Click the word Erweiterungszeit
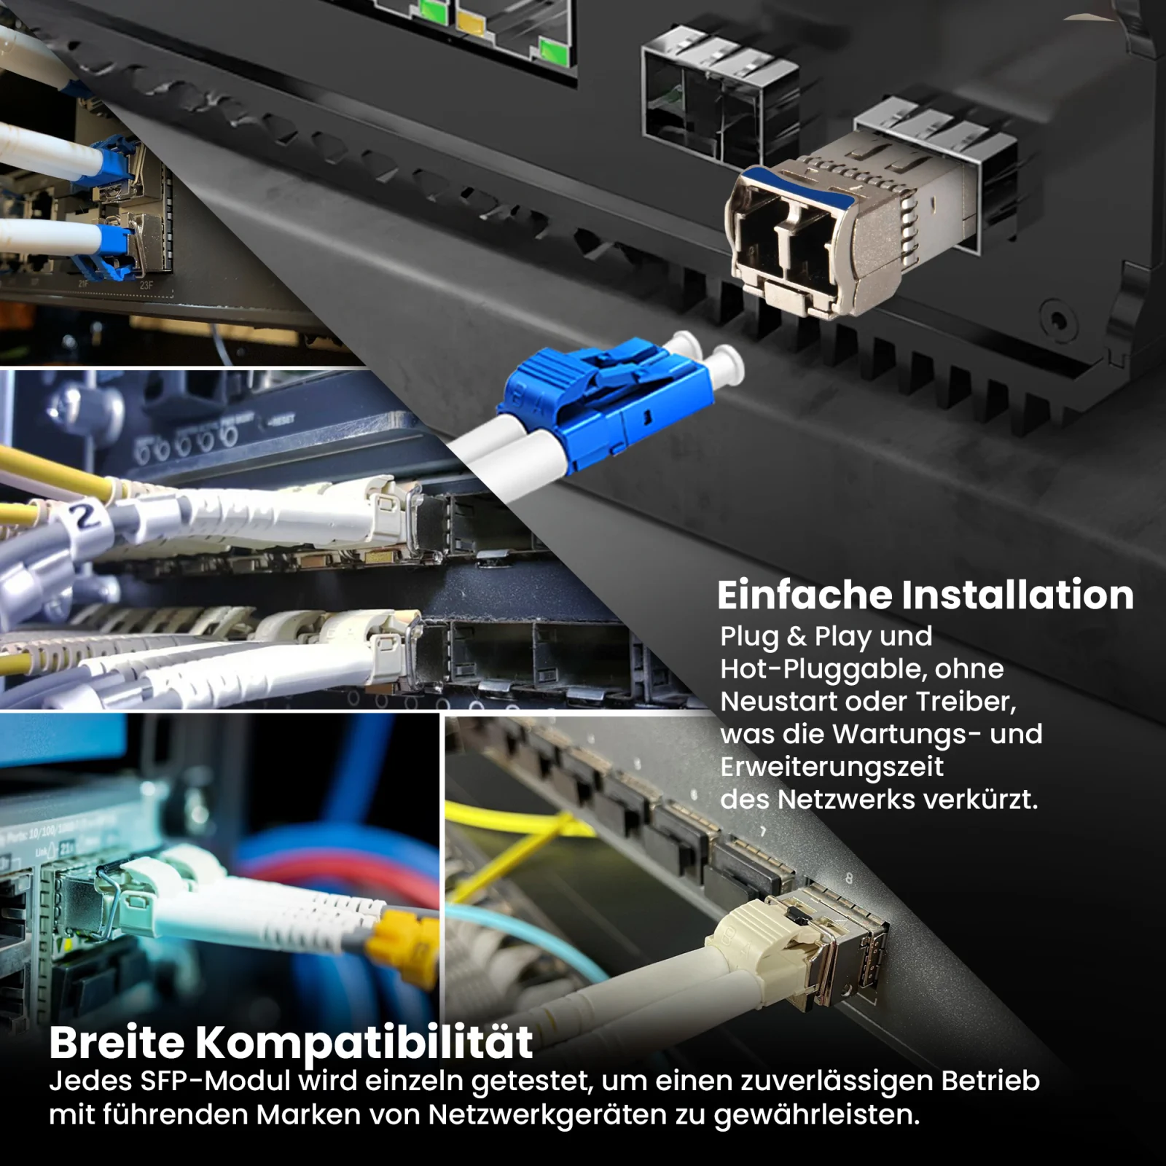tap(832, 767)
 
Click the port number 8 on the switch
tap(848, 880)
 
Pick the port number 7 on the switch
tap(763, 832)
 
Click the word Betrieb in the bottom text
tap(990, 1081)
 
